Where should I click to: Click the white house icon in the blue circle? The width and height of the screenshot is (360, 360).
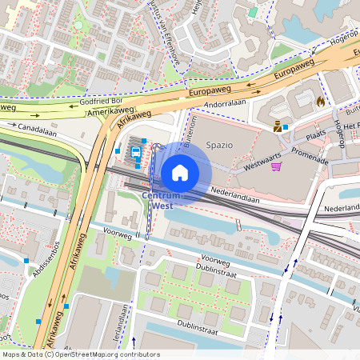(x=180, y=172)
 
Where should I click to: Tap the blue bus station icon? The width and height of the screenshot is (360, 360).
(x=136, y=150)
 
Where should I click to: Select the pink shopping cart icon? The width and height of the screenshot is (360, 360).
(x=276, y=166)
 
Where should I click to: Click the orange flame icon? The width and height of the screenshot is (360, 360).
(x=321, y=102)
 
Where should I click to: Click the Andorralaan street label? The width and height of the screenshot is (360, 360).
(x=224, y=104)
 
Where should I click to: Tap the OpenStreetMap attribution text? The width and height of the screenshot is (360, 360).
(x=80, y=354)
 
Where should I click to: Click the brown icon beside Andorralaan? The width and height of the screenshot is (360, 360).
(x=278, y=126)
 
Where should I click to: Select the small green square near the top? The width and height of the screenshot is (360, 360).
(x=253, y=12)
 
